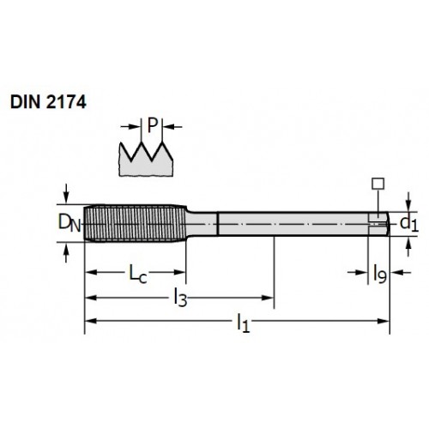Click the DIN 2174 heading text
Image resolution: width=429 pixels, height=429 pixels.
point(48,102)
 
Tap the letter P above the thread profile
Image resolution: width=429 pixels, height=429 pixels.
point(153,125)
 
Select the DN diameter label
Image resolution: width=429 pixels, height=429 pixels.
point(69,223)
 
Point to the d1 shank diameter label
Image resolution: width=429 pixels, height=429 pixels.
point(409,223)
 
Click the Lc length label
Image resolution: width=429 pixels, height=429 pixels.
point(138,274)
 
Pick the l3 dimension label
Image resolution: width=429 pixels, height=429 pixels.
point(180,299)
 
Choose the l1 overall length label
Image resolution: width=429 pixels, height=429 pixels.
point(243,323)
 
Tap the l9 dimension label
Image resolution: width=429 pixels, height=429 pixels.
point(380,274)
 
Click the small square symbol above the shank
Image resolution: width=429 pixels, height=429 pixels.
point(378,184)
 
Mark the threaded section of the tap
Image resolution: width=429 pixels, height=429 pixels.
point(136,223)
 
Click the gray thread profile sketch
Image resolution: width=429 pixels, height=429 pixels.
point(146,160)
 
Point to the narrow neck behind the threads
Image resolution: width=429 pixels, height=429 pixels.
point(202,224)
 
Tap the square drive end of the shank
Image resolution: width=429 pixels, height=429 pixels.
point(378,224)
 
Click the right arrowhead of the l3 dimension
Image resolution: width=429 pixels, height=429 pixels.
point(268,298)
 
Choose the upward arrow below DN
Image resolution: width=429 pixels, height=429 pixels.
point(66,252)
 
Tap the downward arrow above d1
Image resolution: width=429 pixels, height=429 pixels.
point(408,202)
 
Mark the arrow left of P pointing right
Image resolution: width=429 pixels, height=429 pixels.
point(130,126)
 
